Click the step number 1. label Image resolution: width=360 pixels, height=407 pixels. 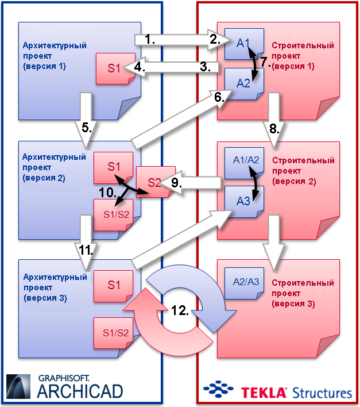point(150,39)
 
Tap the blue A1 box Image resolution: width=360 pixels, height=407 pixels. point(243,43)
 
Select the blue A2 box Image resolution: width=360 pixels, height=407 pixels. point(243,83)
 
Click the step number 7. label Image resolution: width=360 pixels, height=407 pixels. point(264,62)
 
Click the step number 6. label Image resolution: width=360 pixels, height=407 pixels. point(219,98)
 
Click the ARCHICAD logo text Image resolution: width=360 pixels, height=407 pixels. point(80,391)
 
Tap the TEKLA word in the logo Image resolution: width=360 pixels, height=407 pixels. point(264,393)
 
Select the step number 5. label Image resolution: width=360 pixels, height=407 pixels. point(87,128)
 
